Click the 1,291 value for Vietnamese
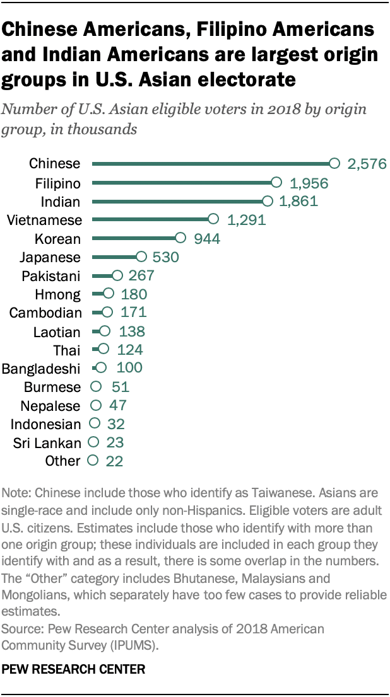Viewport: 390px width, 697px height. [x=245, y=221]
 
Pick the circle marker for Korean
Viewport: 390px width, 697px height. [x=180, y=238]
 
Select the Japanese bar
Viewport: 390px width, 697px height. [x=114, y=257]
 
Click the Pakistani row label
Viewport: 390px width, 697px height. [x=51, y=276]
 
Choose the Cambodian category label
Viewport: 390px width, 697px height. [x=46, y=313]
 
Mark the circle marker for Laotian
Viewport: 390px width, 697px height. [x=105, y=331]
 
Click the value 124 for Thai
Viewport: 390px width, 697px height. [x=129, y=350]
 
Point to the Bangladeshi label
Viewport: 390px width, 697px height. [x=42, y=369]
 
